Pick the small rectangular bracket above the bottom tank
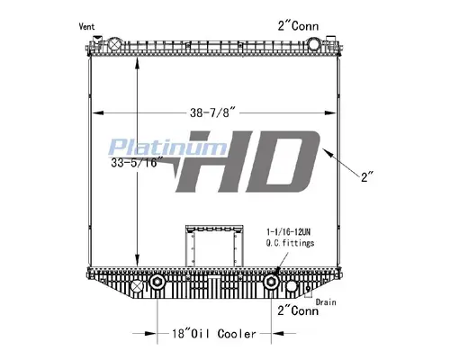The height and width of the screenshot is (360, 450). click(x=214, y=243)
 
